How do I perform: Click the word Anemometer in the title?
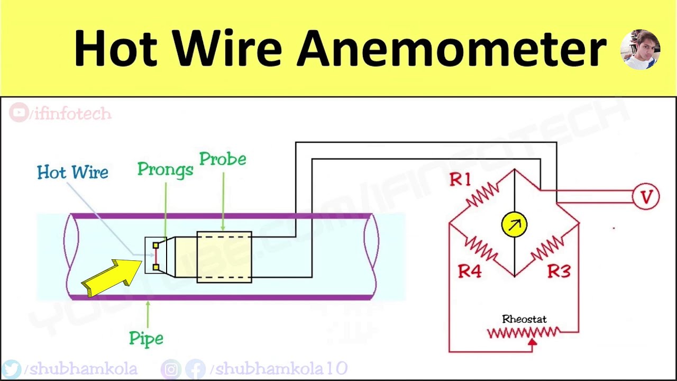pyautogui.click(x=451, y=49)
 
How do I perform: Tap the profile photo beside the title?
pyautogui.click(x=640, y=50)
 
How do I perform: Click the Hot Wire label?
pyautogui.click(x=72, y=173)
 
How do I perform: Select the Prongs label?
pyautogui.click(x=165, y=169)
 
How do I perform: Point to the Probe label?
pyautogui.click(x=223, y=159)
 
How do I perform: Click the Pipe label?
pyautogui.click(x=146, y=339)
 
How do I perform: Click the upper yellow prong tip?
pyautogui.click(x=155, y=246)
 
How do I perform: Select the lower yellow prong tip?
pyautogui.click(x=155, y=268)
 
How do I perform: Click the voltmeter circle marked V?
pyautogui.click(x=646, y=197)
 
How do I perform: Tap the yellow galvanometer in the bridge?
pyautogui.click(x=514, y=224)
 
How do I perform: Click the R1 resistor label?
pyautogui.click(x=460, y=180)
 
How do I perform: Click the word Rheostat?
pyautogui.click(x=524, y=319)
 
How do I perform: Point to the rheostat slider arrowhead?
pyautogui.click(x=532, y=343)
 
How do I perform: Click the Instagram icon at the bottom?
pyautogui.click(x=171, y=369)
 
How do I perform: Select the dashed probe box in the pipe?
pyautogui.click(x=224, y=257)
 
